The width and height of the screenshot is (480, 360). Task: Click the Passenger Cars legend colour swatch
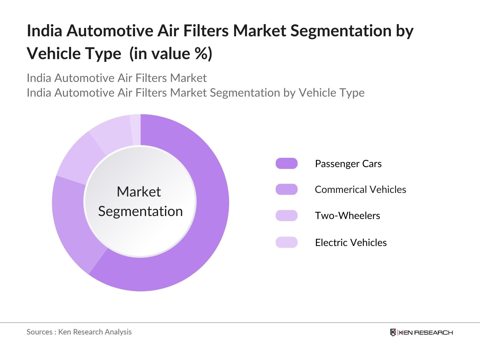coord(286,163)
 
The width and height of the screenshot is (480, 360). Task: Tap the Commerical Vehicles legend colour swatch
coord(286,189)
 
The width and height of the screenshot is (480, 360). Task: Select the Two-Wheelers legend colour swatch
coord(286,215)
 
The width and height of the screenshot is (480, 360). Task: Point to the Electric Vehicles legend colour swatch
coord(286,242)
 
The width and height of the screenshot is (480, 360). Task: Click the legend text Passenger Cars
coord(348,164)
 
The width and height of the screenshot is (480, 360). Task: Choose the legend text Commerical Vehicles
coord(360,190)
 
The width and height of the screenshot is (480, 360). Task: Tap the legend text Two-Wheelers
coord(347,216)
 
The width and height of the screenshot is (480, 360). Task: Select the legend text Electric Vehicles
coord(351,242)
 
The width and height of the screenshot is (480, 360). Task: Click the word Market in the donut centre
coord(139,192)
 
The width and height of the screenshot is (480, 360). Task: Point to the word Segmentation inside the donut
coord(140,211)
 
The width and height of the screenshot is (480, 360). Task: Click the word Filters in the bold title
coord(206,31)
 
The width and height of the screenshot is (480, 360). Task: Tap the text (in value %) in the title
coord(171,54)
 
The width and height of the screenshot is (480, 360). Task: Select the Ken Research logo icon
coord(393,332)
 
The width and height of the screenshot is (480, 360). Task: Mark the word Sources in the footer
coord(39,332)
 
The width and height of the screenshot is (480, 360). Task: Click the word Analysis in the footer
coord(120,332)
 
